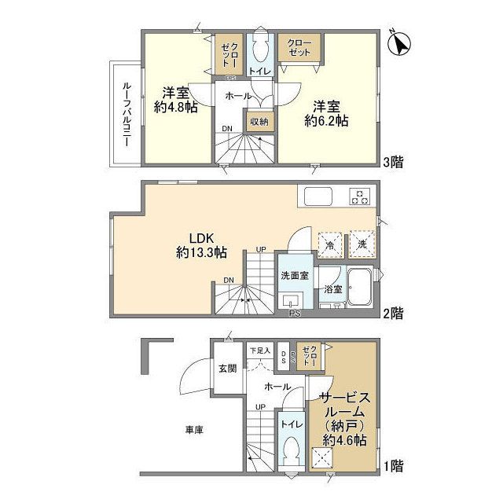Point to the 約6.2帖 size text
(x=326, y=121)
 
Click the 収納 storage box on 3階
(x=259, y=122)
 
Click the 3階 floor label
(x=394, y=163)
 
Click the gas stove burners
(x=361, y=196)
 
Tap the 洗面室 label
(x=295, y=276)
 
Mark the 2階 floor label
(x=394, y=313)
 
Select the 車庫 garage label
(x=194, y=430)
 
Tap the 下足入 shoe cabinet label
(x=260, y=351)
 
